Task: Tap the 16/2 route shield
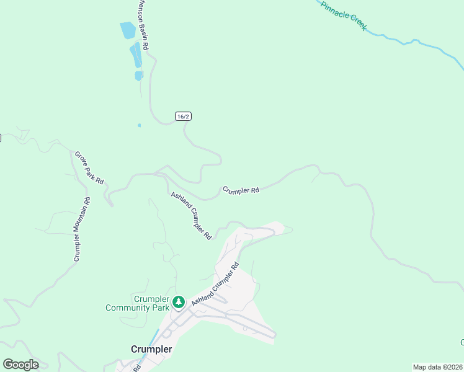182,117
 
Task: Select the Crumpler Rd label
241,190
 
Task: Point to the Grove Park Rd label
89,167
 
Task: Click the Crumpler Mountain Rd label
81,229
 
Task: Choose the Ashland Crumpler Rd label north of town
192,216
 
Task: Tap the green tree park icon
179,302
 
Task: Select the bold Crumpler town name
151,349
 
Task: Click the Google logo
20,365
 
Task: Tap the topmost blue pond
127,30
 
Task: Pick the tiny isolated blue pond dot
139,125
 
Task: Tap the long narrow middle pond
136,56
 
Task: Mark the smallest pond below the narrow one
139,76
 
